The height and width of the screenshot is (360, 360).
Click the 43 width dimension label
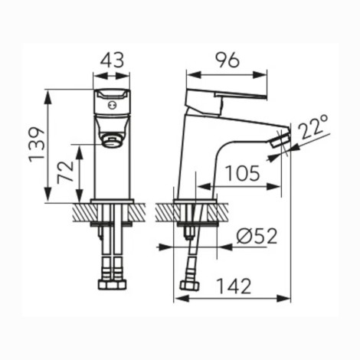tap(112, 61)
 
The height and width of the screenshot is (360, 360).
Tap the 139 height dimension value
tap(37, 145)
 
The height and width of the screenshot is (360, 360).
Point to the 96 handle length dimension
tap(227, 61)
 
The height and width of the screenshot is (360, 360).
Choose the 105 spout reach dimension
tap(243, 173)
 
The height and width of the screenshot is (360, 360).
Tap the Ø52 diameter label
tap(257, 236)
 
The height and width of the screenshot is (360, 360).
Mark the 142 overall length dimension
tap(234, 286)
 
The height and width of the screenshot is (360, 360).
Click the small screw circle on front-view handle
tap(112, 105)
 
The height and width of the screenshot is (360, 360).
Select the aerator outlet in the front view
tap(112, 142)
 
